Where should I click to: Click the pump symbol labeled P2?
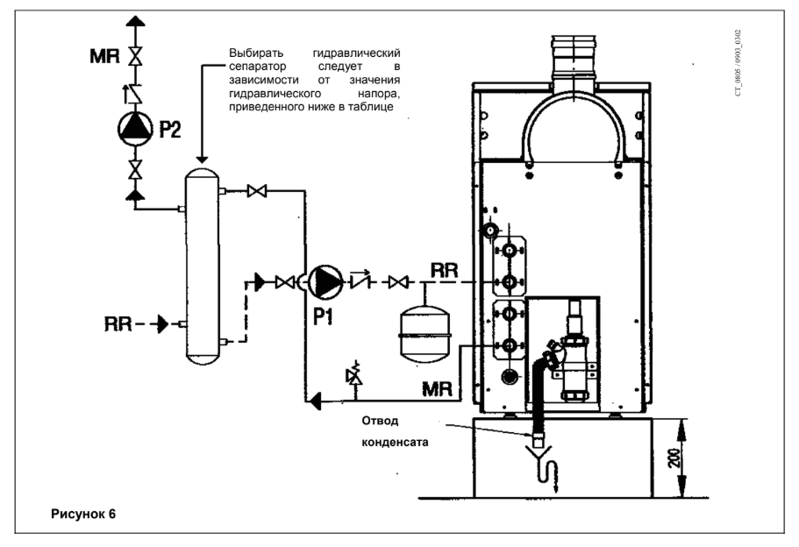coord(135,128)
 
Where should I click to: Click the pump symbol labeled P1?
coord(325,281)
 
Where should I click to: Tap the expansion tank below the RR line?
coord(425,335)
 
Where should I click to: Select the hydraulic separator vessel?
coord(203,266)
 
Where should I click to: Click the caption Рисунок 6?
coord(83,514)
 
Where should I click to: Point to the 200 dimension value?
coord(674,458)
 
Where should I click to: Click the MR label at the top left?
coord(104,55)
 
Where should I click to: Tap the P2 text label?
coord(169,129)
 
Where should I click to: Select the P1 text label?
coord(323,316)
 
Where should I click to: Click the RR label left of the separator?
coord(118,324)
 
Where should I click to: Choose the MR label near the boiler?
coord(437,389)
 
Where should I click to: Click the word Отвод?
coord(380,421)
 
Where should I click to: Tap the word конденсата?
coord(395,442)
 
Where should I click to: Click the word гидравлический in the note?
coord(357,53)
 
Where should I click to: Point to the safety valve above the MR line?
coord(353,375)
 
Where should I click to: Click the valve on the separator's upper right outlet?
coord(257,191)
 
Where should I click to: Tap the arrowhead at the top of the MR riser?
coord(136,21)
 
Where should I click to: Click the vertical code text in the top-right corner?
coord(738,62)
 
